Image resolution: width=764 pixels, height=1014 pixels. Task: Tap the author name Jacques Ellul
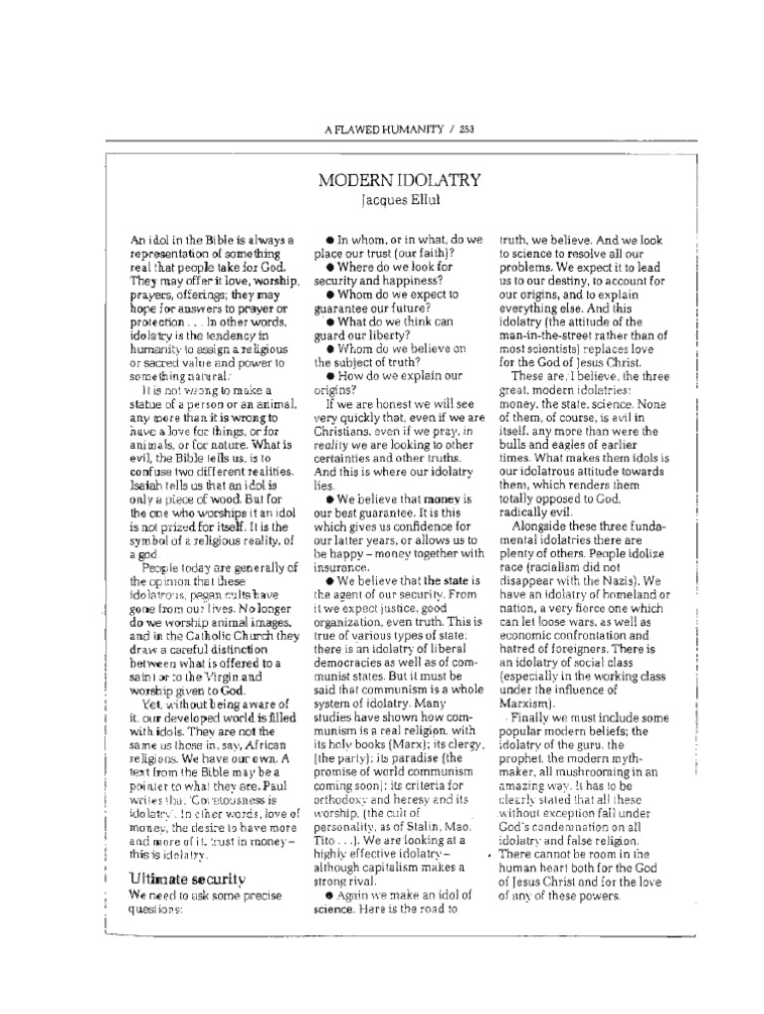[x=387, y=200]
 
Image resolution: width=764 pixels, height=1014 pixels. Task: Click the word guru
[x=596, y=719]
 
